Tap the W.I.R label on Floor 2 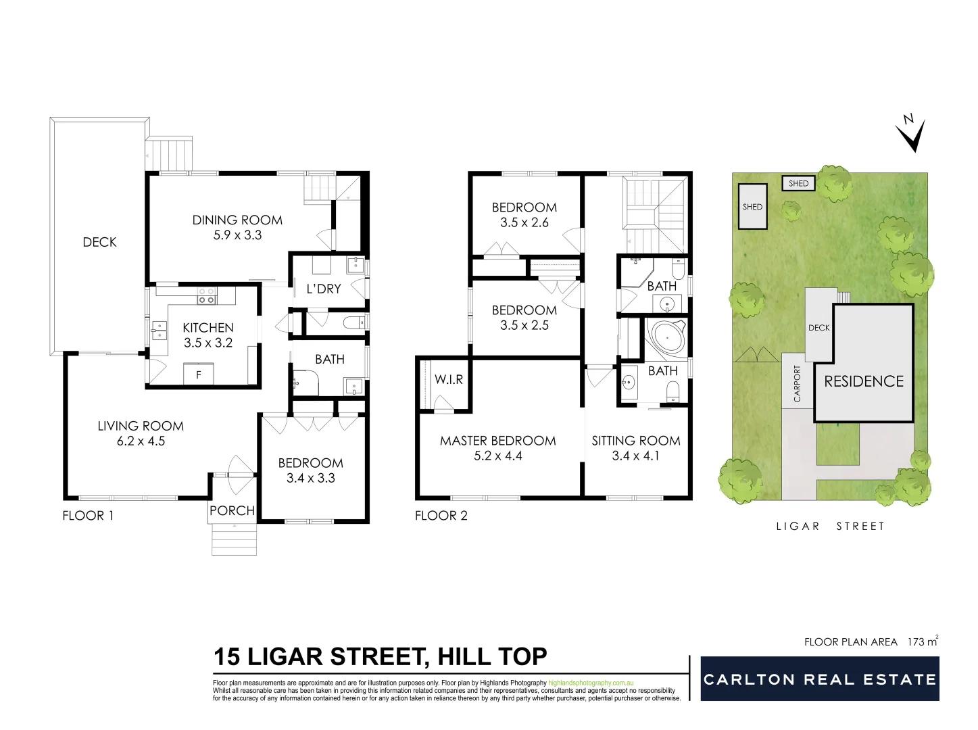(x=449, y=380)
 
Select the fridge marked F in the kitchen (x=199, y=374)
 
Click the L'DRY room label (x=324, y=289)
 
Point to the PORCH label (x=232, y=510)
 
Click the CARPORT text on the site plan (x=797, y=384)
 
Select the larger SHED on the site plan (x=752, y=207)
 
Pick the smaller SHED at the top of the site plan (x=798, y=183)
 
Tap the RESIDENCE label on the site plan (x=864, y=381)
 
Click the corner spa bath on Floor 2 (x=666, y=338)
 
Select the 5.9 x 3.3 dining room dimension (x=237, y=235)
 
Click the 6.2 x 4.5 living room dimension (x=141, y=441)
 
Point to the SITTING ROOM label (x=636, y=441)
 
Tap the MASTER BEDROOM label (x=498, y=441)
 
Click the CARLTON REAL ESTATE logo (x=820, y=679)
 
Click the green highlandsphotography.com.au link (x=591, y=683)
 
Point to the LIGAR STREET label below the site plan (x=830, y=526)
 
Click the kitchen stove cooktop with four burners (x=206, y=295)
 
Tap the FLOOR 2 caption (x=441, y=516)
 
